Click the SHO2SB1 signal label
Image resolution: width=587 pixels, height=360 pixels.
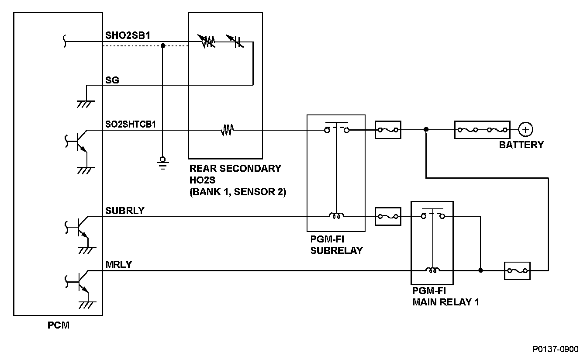point(128,35)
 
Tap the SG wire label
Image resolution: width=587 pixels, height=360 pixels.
point(112,80)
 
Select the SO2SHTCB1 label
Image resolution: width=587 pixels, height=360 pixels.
point(131,124)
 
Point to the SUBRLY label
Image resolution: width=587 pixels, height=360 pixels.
point(125,211)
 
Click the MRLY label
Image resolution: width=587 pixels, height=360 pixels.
point(118,264)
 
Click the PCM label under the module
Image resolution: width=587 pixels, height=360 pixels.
point(59,325)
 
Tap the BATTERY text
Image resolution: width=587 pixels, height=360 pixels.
point(521,145)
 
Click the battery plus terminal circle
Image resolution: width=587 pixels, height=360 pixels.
point(525,129)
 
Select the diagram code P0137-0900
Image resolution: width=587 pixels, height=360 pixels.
point(555,349)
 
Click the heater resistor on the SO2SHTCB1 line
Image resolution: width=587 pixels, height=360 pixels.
point(227,130)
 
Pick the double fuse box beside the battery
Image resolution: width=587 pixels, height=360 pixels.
point(482,130)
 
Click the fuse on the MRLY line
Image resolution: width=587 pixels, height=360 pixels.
point(517,270)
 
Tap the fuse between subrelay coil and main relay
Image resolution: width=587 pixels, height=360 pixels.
point(388,216)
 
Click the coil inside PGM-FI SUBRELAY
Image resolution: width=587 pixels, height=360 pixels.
point(336,215)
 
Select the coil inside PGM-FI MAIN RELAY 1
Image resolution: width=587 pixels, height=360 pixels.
point(432,270)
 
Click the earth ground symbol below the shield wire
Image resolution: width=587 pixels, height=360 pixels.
point(163,163)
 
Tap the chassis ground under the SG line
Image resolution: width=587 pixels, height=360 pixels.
point(86,104)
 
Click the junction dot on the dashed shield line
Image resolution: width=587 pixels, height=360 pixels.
point(163,45)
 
